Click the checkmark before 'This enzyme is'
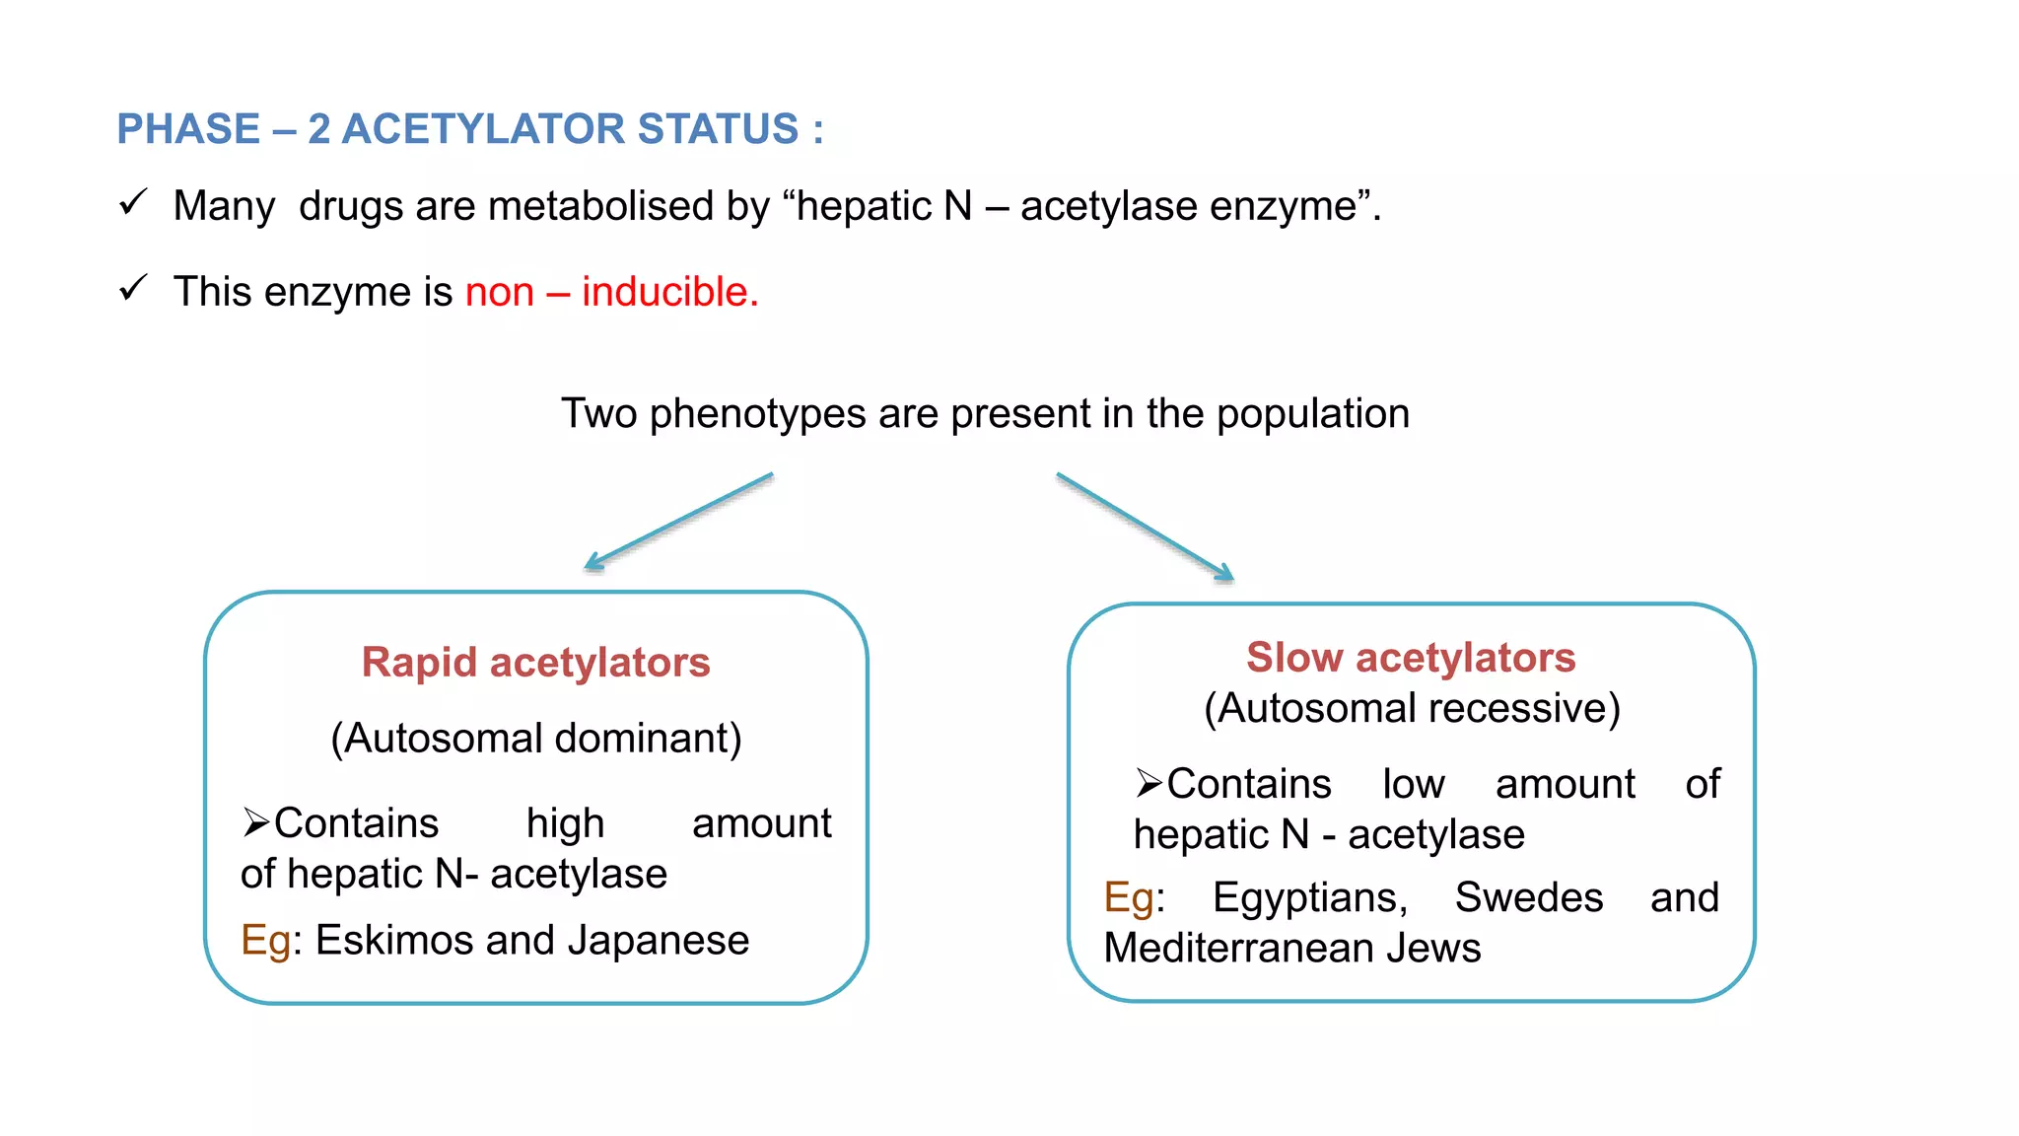click(x=132, y=288)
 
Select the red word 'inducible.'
click(x=670, y=292)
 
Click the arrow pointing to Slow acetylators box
click(x=1145, y=527)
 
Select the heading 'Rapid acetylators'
click(x=535, y=663)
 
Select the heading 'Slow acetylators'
click(x=1411, y=658)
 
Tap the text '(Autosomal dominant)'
click(x=535, y=739)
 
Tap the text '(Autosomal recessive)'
click(x=1412, y=708)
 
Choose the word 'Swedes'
click(x=1528, y=897)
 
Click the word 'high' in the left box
click(x=565, y=823)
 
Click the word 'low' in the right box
click(x=1413, y=784)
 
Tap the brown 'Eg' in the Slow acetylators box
click(x=1128, y=898)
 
